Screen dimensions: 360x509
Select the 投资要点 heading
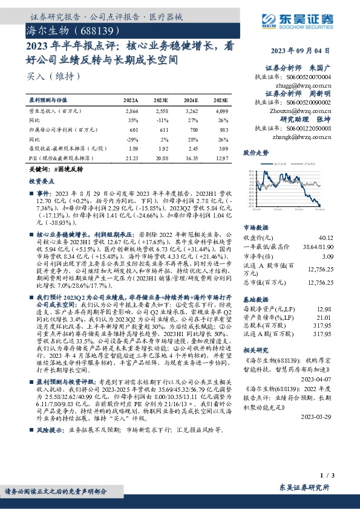41,181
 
